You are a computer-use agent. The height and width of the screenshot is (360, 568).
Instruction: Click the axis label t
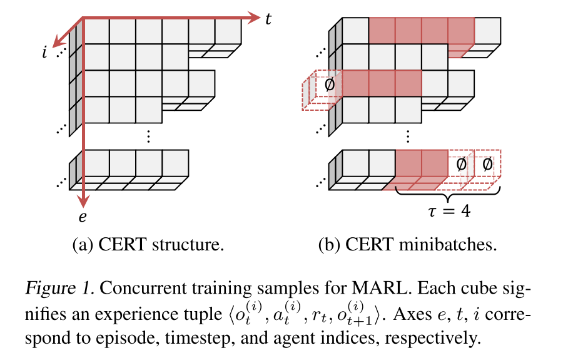pos(268,19)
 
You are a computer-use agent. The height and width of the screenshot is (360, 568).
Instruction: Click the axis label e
pos(83,217)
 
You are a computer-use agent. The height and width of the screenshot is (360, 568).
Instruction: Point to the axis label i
pos(44,52)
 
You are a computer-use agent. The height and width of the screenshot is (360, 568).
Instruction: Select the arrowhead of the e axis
pos(83,200)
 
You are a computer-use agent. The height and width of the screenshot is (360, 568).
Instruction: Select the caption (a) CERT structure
pos(148,244)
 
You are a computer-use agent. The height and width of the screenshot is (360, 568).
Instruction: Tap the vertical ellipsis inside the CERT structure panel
pos(148,136)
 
